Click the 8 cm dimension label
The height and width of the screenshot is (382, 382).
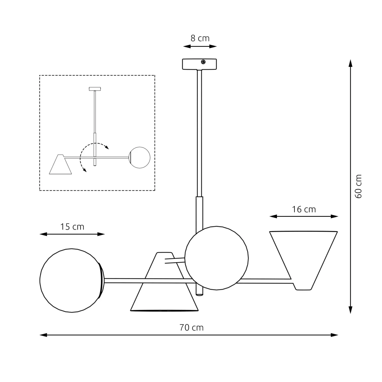click(x=200, y=39)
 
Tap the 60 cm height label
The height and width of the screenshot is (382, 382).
click(x=358, y=186)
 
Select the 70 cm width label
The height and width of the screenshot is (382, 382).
click(x=191, y=327)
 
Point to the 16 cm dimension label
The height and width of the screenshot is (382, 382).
click(x=304, y=209)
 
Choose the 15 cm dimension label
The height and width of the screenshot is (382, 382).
click(x=72, y=227)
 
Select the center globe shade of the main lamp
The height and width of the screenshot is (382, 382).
click(x=216, y=258)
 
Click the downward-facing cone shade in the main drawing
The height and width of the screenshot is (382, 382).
click(x=164, y=286)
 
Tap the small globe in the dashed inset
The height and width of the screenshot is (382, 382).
click(x=139, y=157)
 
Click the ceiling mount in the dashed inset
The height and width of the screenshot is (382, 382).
click(x=95, y=88)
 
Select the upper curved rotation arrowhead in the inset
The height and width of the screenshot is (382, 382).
click(x=107, y=148)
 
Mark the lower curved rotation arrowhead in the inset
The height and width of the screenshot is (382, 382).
click(x=85, y=170)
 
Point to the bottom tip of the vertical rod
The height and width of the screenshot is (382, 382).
click(x=199, y=295)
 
